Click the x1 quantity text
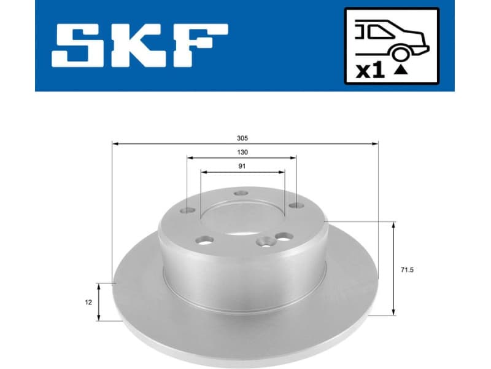tap(370, 71)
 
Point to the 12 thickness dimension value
tap(88, 302)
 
